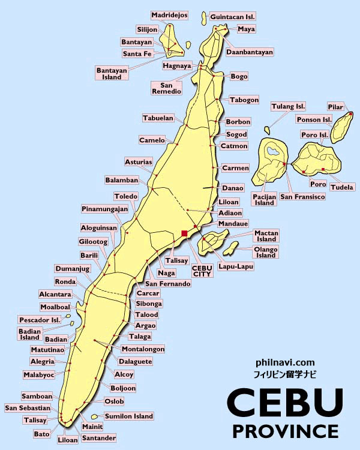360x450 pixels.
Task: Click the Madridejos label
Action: coord(169,15)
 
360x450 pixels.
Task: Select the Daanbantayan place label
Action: coord(249,52)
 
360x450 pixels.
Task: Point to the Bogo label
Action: coord(239,76)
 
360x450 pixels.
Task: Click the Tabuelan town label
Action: coord(158,118)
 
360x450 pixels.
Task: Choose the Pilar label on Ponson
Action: coord(335,107)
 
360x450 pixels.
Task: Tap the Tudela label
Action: coord(342,187)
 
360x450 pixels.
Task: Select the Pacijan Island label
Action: coord(264,199)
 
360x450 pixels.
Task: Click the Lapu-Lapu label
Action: coord(236,266)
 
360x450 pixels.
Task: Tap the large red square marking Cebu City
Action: coord(184,233)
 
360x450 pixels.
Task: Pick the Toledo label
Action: coord(126,196)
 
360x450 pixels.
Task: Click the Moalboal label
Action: coord(55,307)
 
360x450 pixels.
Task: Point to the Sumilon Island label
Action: coord(129,416)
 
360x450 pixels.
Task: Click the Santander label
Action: coord(99,439)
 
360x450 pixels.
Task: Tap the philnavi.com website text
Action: coord(285,362)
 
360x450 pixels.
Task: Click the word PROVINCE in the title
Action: coord(285,430)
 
